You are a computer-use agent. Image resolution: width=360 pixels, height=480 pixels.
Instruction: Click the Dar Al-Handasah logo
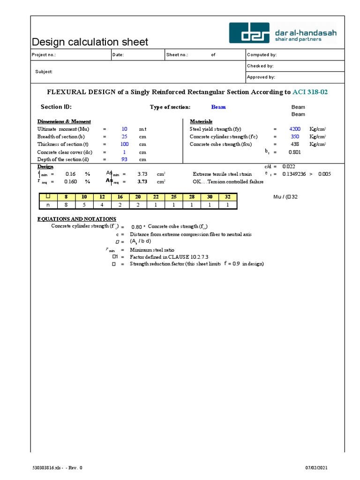coord(283,33)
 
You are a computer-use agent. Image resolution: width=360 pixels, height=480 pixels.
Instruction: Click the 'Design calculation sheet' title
coord(90,42)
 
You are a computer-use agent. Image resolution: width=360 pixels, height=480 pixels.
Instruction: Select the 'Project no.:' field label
coord(44,55)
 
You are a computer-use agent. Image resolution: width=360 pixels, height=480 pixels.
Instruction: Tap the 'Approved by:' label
coord(261,77)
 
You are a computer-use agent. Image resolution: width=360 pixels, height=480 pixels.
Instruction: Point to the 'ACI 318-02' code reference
coord(310,92)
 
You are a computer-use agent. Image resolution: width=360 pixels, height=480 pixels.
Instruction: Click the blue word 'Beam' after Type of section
coord(218,107)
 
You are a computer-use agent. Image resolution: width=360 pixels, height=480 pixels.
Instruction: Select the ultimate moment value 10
coord(124,129)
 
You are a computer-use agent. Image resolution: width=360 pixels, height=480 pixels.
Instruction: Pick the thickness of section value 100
coord(124,144)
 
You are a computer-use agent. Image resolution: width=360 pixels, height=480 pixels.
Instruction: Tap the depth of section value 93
coord(124,159)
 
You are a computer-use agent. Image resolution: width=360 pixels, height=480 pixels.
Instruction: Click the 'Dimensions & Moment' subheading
coord(64,121)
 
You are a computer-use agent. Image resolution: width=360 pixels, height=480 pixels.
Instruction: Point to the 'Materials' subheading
coord(201,121)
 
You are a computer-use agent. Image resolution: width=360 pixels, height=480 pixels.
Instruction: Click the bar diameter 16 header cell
coord(120,197)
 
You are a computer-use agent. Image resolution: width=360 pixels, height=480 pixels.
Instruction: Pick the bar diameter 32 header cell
coord(227,197)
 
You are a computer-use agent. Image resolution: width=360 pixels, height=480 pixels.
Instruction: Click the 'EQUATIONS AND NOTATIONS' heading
coord(77,219)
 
